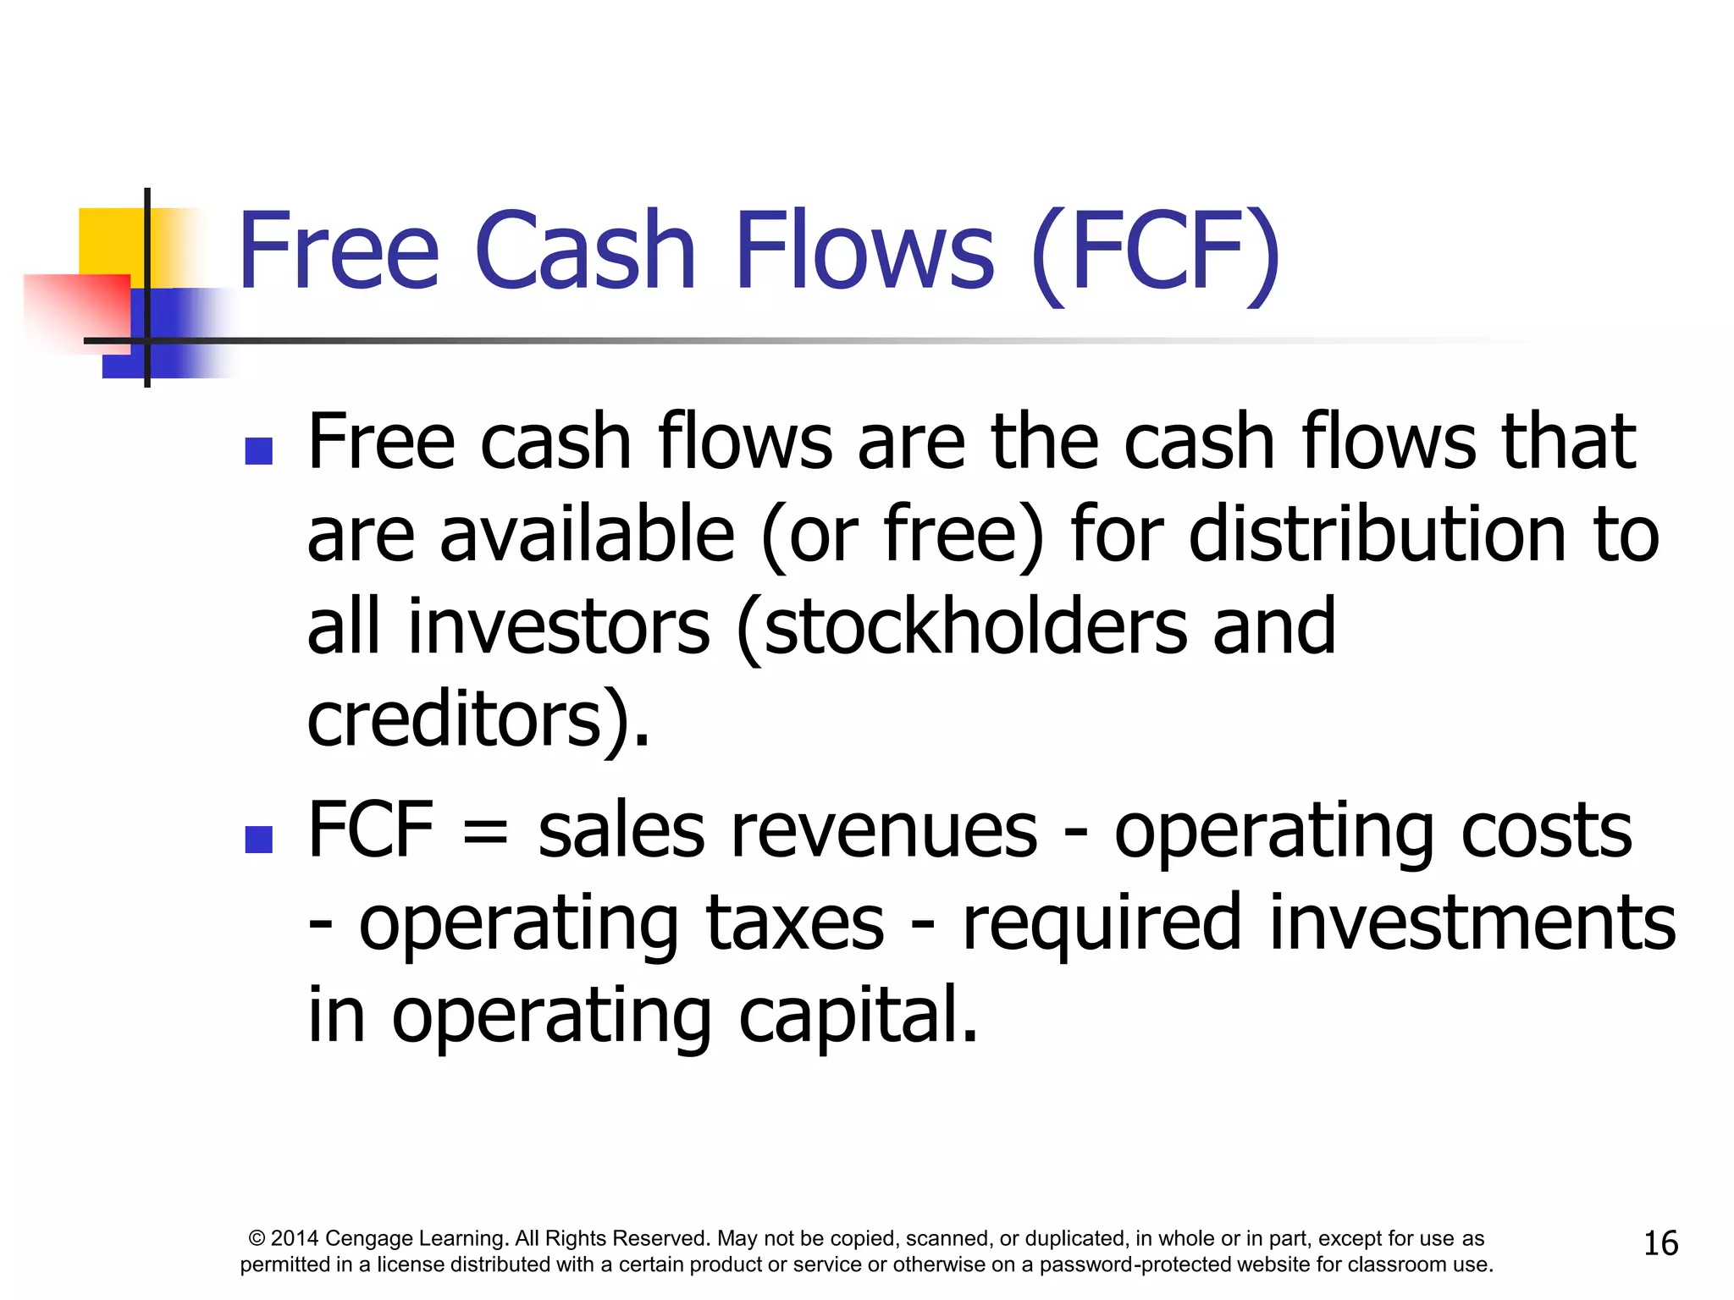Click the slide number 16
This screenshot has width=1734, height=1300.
1660,1243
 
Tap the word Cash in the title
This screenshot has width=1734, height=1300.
585,251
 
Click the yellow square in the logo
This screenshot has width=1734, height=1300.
110,240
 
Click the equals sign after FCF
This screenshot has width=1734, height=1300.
486,833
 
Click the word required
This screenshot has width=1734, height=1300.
1102,923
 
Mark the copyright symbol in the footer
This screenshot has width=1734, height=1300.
257,1239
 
